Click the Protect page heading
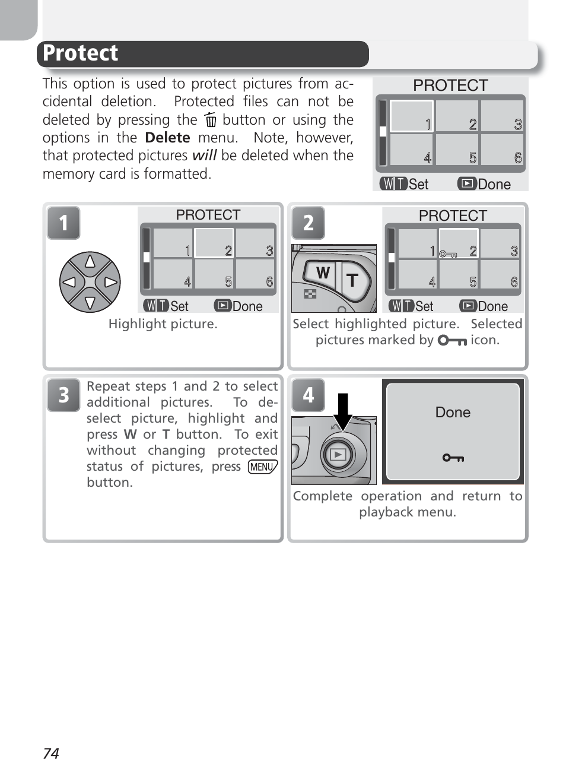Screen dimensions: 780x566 [x=81, y=53]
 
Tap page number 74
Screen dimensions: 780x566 [x=51, y=753]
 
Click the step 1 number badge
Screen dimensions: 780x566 [x=63, y=223]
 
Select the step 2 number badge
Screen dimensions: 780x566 [x=308, y=223]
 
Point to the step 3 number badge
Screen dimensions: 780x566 [x=63, y=395]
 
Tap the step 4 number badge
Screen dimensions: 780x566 [x=308, y=395]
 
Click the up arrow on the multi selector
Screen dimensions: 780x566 [x=90, y=261]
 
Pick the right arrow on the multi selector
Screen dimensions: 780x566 [x=110, y=282]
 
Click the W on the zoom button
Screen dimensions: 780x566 [x=322, y=273]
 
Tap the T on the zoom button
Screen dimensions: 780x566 [x=352, y=280]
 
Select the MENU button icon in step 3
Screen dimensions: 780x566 [x=262, y=467]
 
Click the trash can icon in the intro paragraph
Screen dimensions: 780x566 [x=210, y=121]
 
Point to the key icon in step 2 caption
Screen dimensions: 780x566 [x=451, y=341]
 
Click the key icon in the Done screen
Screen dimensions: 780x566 [x=453, y=458]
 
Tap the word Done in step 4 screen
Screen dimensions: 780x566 [x=453, y=413]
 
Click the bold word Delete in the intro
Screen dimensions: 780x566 [x=167, y=138]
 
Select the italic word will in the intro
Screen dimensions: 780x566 [x=204, y=156]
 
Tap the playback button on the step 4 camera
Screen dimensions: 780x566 [x=337, y=455]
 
